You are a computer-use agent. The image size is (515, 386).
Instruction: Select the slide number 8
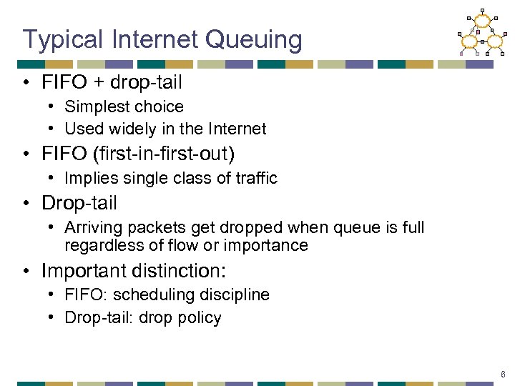click(504, 374)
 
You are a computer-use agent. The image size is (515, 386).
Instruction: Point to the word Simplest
click(94, 107)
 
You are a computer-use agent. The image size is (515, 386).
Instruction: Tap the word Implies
click(88, 179)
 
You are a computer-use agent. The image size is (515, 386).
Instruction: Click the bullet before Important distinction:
click(26, 272)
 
